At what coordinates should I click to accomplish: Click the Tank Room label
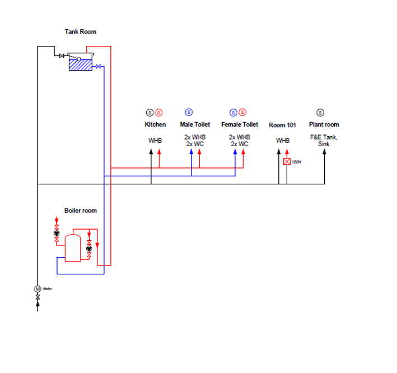80,32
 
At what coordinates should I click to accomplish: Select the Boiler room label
80,211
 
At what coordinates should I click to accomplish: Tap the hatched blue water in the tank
80,65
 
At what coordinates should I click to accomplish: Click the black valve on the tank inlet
61,55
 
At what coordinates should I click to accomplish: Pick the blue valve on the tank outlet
99,67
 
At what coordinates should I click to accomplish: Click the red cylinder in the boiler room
73,248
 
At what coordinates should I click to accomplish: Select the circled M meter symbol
38,288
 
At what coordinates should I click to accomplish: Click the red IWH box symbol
287,162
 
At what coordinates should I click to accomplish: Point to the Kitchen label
155,124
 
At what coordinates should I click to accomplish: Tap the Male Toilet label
195,124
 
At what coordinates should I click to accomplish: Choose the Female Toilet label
240,124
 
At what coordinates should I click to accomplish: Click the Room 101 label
282,125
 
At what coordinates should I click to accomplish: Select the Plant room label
324,124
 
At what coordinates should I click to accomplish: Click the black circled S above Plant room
320,113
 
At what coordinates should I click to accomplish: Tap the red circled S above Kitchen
159,113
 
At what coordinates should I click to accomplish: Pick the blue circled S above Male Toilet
189,113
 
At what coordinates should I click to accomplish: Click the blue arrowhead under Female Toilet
235,152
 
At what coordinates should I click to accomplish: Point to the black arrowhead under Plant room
324,152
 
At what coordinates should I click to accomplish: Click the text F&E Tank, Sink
324,140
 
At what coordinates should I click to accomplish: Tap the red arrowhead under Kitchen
159,152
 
